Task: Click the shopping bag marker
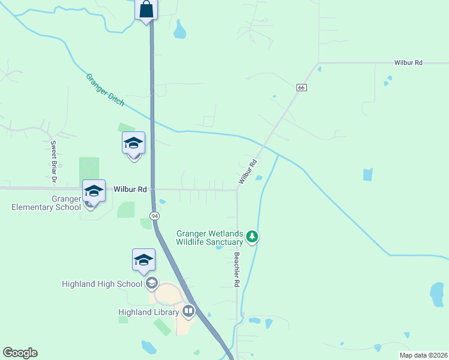(x=146, y=10)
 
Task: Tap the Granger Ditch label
(x=105, y=90)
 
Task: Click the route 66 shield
(x=301, y=88)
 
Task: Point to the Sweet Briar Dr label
(x=53, y=161)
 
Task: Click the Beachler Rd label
(x=237, y=268)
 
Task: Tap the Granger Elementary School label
(x=46, y=203)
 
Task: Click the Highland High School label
(x=101, y=284)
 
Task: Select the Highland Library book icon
(x=188, y=311)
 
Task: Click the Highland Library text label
(x=148, y=312)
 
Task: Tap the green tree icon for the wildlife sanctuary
(x=253, y=237)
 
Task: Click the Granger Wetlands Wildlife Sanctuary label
(x=209, y=238)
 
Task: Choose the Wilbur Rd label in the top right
(x=409, y=62)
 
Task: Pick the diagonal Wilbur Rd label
(x=247, y=171)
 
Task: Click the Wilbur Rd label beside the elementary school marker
(x=130, y=189)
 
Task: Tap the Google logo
(x=20, y=353)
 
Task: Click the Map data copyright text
(x=423, y=355)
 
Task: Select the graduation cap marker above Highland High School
(x=143, y=260)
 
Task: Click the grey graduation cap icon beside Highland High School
(x=152, y=284)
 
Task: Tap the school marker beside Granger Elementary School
(x=94, y=191)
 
